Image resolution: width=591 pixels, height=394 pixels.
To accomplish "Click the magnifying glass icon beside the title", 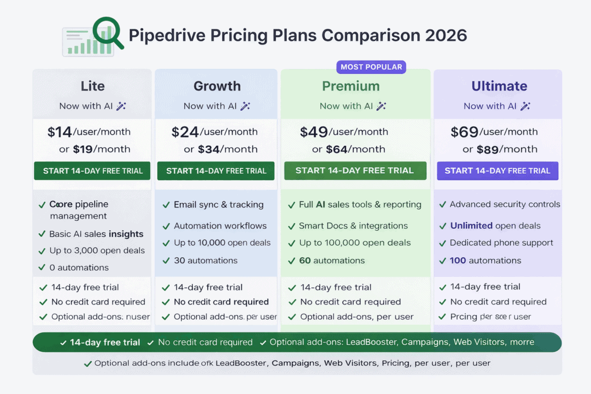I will click(x=109, y=32).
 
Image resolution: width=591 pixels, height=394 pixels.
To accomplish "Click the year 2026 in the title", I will click(x=446, y=35).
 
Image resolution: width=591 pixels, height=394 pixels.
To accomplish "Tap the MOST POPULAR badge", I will click(x=371, y=67).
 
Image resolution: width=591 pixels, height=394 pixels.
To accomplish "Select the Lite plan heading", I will click(x=92, y=87).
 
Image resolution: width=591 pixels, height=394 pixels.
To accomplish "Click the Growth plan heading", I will click(x=217, y=87).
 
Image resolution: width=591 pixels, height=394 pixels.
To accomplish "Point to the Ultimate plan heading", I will click(x=499, y=87).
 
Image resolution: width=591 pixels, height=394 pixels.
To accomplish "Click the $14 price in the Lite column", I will click(x=59, y=132).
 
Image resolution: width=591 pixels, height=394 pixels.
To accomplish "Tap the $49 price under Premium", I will click(x=314, y=132).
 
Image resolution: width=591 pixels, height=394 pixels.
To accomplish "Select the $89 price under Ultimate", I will click(x=489, y=149).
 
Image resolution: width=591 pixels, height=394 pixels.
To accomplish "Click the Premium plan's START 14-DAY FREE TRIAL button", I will click(x=355, y=171).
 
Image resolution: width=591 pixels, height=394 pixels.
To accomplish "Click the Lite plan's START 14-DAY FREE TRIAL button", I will click(x=92, y=171).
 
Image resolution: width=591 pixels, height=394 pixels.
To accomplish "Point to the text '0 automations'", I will click(x=80, y=268).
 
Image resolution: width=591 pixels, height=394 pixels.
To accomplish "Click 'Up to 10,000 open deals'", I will click(x=222, y=243).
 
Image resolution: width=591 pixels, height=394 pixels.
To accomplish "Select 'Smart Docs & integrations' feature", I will click(x=353, y=226).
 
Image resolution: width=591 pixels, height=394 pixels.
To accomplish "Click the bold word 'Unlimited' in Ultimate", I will click(x=471, y=226).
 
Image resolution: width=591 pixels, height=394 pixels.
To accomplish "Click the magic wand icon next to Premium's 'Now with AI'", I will click(x=381, y=106).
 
